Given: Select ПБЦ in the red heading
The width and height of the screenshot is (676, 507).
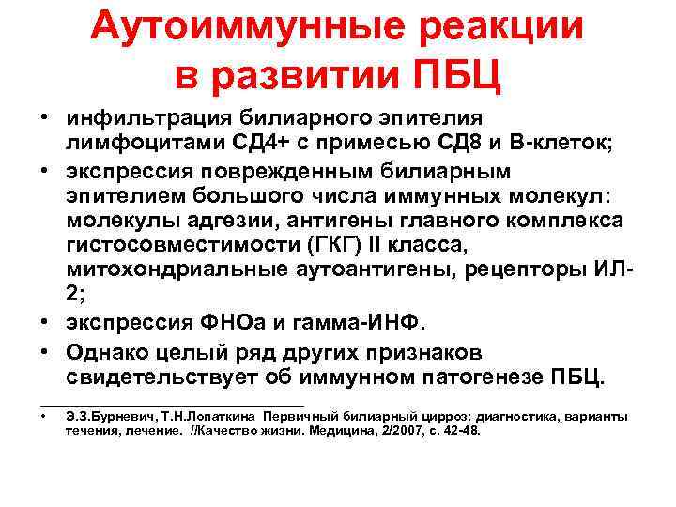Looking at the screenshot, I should tap(452, 75).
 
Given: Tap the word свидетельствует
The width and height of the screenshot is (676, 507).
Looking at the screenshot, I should tap(166, 378).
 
